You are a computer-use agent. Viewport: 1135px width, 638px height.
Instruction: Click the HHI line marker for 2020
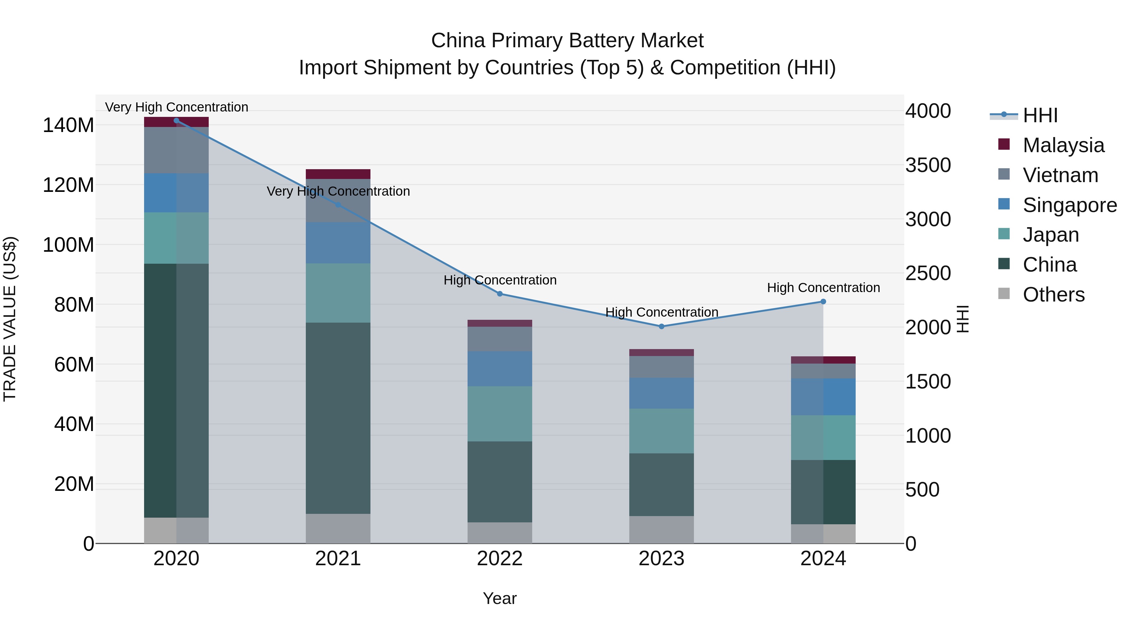point(176,120)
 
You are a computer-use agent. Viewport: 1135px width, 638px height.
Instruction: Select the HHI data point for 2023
point(661,326)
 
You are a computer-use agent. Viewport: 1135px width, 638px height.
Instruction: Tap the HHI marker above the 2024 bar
point(823,302)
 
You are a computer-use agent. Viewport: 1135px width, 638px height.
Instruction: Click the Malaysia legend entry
point(1063,145)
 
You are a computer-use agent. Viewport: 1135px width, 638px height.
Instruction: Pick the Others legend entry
point(1053,295)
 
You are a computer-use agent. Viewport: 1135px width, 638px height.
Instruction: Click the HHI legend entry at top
point(1040,115)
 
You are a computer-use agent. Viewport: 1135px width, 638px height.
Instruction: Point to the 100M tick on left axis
point(68,245)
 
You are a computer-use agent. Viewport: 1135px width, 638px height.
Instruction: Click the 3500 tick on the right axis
point(928,165)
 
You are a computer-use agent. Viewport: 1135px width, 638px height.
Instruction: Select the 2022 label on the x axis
point(500,559)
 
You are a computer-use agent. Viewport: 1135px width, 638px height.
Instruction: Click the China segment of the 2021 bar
point(338,418)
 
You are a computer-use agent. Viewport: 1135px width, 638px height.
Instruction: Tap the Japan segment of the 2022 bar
point(500,414)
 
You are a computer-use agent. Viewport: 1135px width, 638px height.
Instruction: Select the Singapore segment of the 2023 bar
point(661,393)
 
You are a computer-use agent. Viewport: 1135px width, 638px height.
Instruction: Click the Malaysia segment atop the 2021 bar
point(338,174)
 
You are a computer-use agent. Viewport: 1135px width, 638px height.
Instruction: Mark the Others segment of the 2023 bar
point(661,530)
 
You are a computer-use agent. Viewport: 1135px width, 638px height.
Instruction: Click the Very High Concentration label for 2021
point(338,191)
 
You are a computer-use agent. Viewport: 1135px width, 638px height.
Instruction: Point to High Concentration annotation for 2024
point(823,288)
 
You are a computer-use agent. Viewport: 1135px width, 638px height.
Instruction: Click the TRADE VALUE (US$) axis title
point(10,319)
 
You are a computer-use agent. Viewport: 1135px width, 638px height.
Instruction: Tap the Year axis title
point(500,598)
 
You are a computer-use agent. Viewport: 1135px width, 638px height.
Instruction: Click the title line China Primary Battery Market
point(567,41)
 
